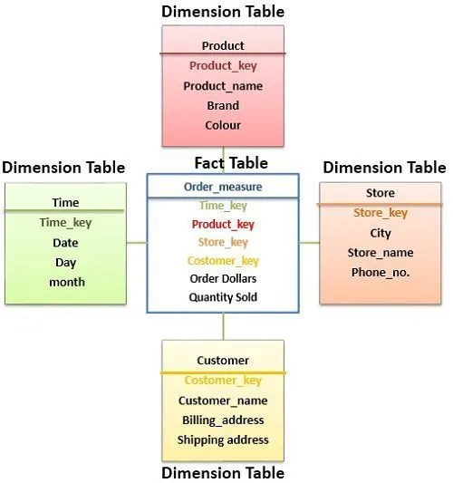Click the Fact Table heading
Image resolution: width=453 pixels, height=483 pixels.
tap(231, 163)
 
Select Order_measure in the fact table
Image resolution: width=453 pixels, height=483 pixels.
tap(223, 187)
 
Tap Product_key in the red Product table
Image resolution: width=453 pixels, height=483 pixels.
tap(223, 66)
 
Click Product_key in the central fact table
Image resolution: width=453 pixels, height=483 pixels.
tap(223, 225)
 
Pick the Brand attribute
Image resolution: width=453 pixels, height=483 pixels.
tap(223, 106)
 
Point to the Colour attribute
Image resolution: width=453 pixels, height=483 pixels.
tap(223, 125)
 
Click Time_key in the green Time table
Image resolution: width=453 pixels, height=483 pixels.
tap(65, 223)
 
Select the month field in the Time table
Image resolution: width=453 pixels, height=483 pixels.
tap(67, 282)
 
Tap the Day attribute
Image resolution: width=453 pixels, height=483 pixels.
tap(65, 263)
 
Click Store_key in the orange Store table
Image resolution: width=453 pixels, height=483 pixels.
tap(381, 213)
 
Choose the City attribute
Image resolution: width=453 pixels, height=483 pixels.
tap(381, 234)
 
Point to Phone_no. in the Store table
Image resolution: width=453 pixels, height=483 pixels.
tap(381, 273)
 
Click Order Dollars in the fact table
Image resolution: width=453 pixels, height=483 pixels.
tap(223, 279)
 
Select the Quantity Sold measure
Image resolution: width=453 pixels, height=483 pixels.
tap(223, 297)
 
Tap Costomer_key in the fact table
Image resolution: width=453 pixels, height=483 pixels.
tap(223, 261)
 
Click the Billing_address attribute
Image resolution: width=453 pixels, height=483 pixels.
tap(223, 420)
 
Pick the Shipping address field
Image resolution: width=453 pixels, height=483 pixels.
tap(223, 440)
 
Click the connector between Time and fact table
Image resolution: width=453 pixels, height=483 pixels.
tap(137, 243)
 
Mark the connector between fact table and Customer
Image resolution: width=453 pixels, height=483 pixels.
tap(223, 326)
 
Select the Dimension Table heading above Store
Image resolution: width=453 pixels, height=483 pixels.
tap(384, 168)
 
